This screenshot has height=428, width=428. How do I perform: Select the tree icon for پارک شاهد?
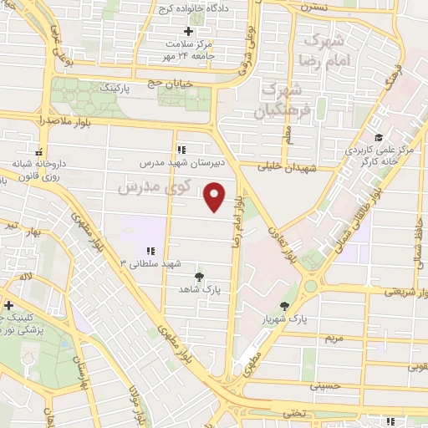pos(198,276)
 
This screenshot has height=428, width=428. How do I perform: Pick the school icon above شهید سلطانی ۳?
pos(150,251)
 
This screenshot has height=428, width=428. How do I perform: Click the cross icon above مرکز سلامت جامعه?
pos(189,31)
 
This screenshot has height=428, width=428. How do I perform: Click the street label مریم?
pos(333,338)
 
